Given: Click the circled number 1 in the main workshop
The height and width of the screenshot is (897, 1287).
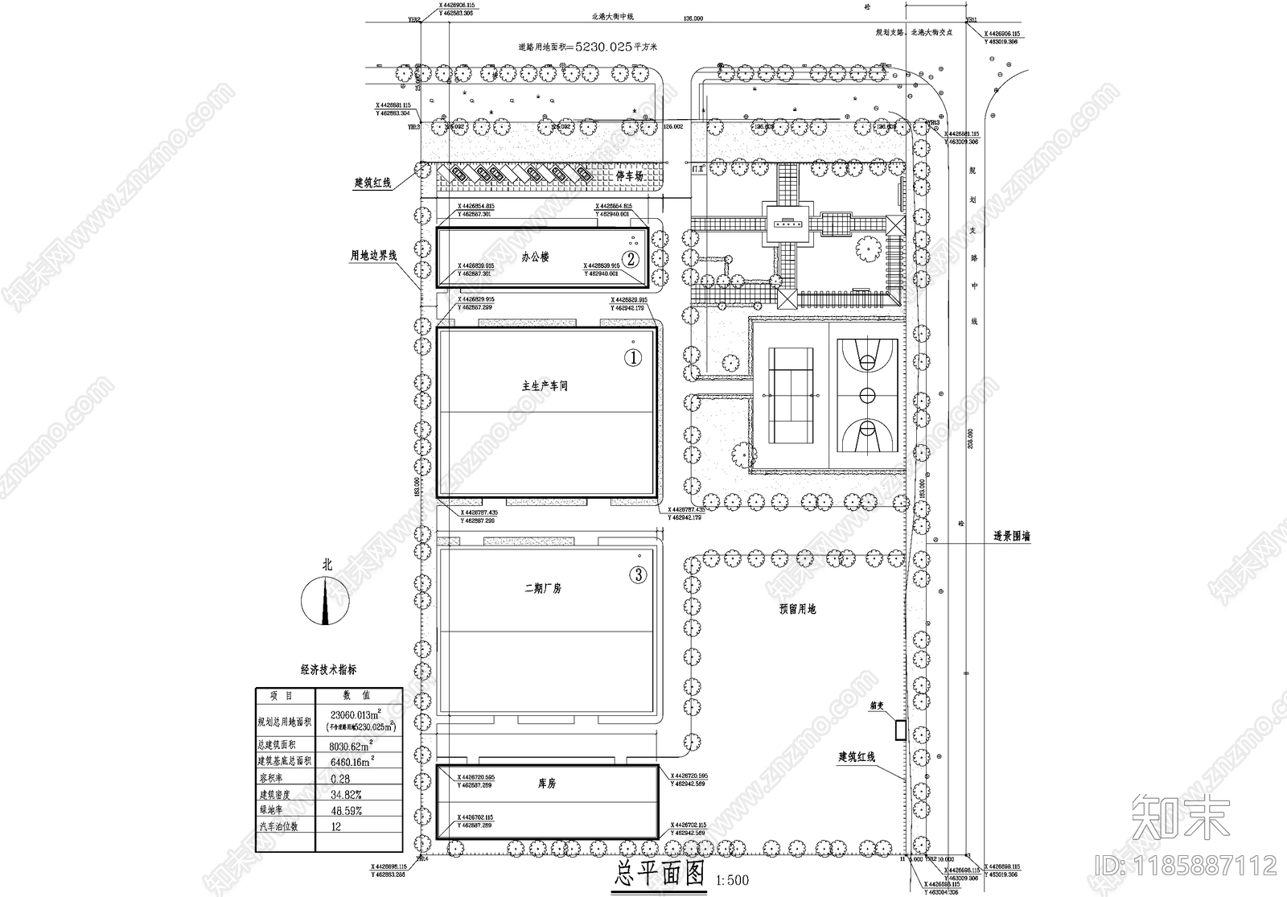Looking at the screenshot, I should click(x=634, y=358).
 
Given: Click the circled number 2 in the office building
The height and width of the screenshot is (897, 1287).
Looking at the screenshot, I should click(x=632, y=259).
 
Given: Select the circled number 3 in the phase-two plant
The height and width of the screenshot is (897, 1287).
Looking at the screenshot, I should click(x=638, y=574).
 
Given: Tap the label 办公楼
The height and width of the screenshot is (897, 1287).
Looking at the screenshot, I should click(x=535, y=257).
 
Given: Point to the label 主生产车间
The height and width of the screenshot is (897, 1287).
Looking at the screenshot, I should click(x=545, y=386).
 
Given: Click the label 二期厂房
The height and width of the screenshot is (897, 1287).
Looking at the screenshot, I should click(x=543, y=588).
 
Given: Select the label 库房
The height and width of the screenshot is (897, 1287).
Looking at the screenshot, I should click(x=546, y=783).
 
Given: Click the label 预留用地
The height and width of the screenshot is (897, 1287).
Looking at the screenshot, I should click(x=797, y=609).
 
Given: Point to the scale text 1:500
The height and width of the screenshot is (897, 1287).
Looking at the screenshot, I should click(x=731, y=880).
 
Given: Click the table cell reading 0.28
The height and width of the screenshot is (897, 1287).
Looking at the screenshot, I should click(x=340, y=778).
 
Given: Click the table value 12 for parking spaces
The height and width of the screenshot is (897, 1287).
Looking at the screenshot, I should click(x=336, y=826).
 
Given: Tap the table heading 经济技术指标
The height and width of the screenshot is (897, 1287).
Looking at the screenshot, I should click(x=328, y=669).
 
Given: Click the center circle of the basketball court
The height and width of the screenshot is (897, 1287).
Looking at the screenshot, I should click(x=867, y=395).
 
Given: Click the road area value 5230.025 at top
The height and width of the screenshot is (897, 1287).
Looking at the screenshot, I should click(x=602, y=47).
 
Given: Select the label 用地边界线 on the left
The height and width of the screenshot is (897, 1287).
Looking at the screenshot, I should click(x=373, y=256).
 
